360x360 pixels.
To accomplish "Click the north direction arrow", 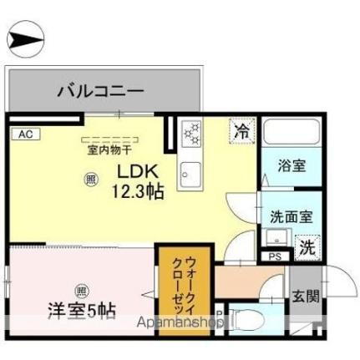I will (26, 38).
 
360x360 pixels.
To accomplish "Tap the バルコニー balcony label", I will (101, 89).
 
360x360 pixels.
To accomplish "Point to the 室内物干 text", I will (109, 151).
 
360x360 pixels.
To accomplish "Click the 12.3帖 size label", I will (138, 190).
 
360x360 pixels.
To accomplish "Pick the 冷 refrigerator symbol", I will (241, 131).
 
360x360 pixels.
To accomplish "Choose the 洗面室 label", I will (292, 215).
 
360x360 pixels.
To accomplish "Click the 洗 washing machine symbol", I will (307, 246).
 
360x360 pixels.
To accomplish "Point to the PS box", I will (274, 256).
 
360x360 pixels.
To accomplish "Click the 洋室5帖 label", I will (81, 311).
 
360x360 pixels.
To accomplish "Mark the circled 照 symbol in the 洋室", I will (80, 291).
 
